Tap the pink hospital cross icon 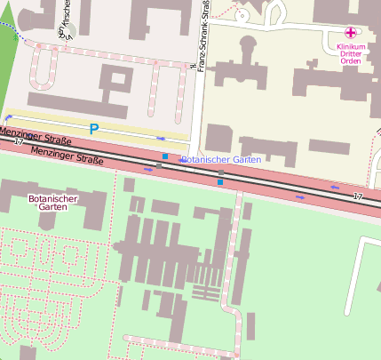click(x=349, y=32)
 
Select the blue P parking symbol click(x=93, y=129)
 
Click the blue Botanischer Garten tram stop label click(x=220, y=160)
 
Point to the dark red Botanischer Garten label click(x=47, y=204)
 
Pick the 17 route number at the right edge click(x=358, y=196)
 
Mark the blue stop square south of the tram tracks click(x=220, y=181)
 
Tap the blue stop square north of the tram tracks click(x=165, y=157)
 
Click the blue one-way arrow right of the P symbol click(x=161, y=139)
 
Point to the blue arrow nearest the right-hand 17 click(x=335, y=187)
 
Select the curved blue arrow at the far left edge click(x=7, y=117)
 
